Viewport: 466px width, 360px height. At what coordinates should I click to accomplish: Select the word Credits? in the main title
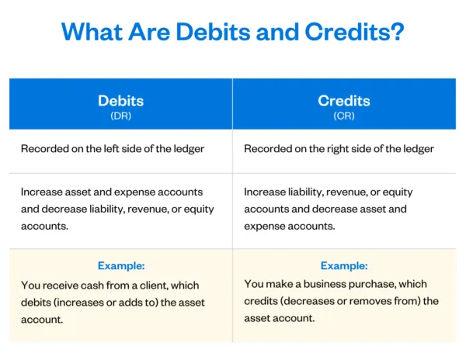(x=359, y=33)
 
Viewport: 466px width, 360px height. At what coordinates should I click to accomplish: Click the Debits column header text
(x=120, y=101)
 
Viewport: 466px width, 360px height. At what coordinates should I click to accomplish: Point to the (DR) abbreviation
(x=120, y=116)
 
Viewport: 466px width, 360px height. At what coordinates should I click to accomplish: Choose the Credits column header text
(x=344, y=101)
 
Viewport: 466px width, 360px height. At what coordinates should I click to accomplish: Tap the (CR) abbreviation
(x=344, y=116)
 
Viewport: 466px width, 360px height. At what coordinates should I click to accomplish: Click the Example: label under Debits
(x=120, y=265)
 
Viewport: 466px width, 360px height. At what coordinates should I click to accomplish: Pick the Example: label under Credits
(x=344, y=265)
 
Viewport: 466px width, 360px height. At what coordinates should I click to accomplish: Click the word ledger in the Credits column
(x=418, y=149)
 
